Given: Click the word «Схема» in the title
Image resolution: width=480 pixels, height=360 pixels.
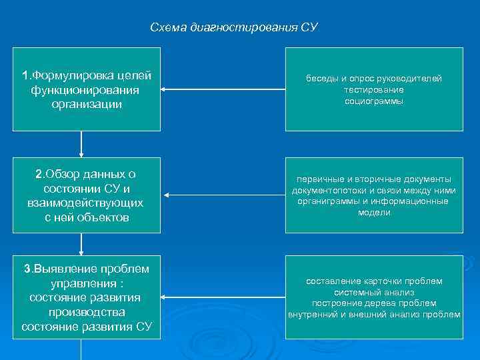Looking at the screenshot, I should pos(169,27).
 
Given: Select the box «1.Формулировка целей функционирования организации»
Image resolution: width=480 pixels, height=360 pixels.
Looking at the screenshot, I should pos(86,89).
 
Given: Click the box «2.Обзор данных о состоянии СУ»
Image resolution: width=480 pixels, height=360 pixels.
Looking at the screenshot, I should pos(86,195).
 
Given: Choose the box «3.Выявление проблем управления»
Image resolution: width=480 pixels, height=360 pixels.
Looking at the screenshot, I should pos(86,297).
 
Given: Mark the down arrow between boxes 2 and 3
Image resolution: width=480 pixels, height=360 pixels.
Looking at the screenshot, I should pos(81,244).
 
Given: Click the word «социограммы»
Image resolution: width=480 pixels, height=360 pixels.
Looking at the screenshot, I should pos(374,101).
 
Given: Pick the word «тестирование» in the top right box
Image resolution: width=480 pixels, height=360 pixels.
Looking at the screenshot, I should pos(374,90).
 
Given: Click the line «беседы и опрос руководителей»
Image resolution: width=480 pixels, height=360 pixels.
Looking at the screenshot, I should pos(374,79).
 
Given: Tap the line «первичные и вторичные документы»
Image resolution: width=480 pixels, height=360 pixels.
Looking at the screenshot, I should pos(374,179).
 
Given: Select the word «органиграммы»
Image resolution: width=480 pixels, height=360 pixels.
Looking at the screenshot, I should pos(326,201).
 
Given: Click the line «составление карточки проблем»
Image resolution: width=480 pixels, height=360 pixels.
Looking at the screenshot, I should pos(374,281).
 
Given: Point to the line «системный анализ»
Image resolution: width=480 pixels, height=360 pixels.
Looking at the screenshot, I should pos(374,292).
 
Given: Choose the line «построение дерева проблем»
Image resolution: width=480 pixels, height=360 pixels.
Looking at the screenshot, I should pos(374,303).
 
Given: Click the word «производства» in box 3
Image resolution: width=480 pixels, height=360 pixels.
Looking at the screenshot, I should pos(86,311).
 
